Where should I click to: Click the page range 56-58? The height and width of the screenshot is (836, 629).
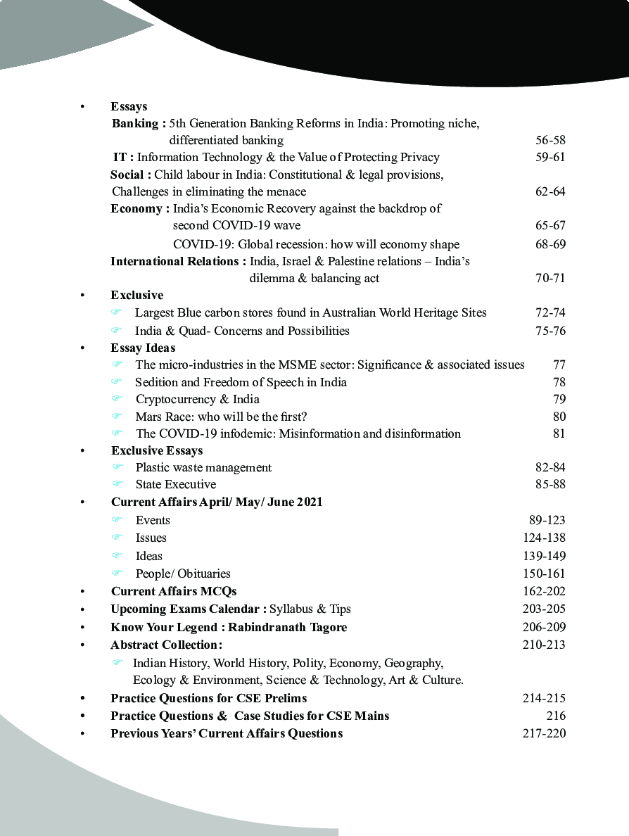click(x=550, y=140)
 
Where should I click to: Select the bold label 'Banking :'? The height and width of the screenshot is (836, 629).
click(x=139, y=123)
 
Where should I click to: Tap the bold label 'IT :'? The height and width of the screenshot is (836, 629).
click(x=123, y=157)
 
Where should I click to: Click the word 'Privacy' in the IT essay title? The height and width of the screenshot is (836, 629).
click(x=420, y=157)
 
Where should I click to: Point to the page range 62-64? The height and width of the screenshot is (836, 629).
click(x=550, y=191)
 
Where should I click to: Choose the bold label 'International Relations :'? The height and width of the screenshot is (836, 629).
click(x=178, y=261)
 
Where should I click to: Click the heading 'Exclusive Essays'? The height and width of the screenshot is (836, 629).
click(x=157, y=450)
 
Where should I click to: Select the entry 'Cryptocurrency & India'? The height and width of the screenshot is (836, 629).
click(x=197, y=399)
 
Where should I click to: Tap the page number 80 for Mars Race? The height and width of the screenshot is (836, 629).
click(x=559, y=416)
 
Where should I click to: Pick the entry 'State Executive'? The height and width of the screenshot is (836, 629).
click(x=176, y=484)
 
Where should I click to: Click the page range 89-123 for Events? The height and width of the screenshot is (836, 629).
click(x=547, y=520)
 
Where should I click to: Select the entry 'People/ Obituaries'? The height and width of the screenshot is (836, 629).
click(x=183, y=574)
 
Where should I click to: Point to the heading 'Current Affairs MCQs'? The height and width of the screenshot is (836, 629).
click(x=174, y=591)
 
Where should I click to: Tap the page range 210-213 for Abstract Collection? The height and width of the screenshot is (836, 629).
click(x=543, y=645)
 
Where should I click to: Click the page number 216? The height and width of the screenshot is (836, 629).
click(x=555, y=716)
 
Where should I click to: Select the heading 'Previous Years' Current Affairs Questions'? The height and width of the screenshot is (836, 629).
click(x=227, y=733)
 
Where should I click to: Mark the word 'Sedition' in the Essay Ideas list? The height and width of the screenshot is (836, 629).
click(x=156, y=382)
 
